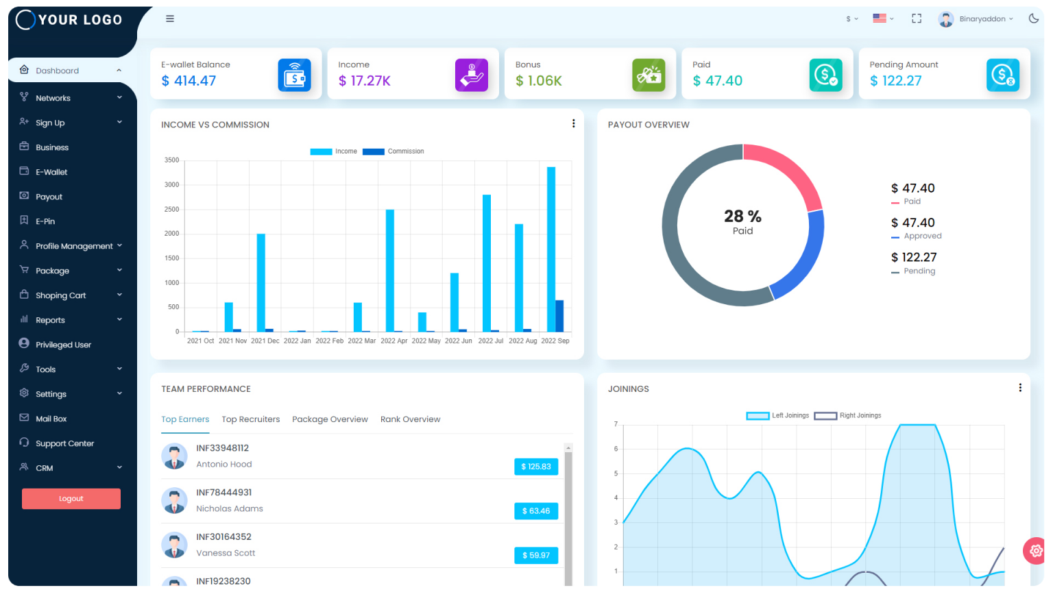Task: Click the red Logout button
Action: (x=71, y=499)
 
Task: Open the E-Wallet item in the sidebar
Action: (x=51, y=172)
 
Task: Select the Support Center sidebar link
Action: (x=64, y=443)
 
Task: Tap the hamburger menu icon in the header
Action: (x=170, y=19)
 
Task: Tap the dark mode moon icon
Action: (x=1034, y=18)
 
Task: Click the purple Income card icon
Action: (x=472, y=75)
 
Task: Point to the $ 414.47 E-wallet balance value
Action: (x=189, y=81)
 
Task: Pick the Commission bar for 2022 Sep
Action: (x=559, y=316)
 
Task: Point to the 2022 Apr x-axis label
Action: (x=394, y=341)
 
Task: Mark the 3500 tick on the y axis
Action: (x=171, y=160)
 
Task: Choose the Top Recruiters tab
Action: (x=251, y=419)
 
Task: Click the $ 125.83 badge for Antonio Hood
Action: (x=536, y=467)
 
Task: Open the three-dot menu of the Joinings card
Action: (x=1020, y=388)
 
